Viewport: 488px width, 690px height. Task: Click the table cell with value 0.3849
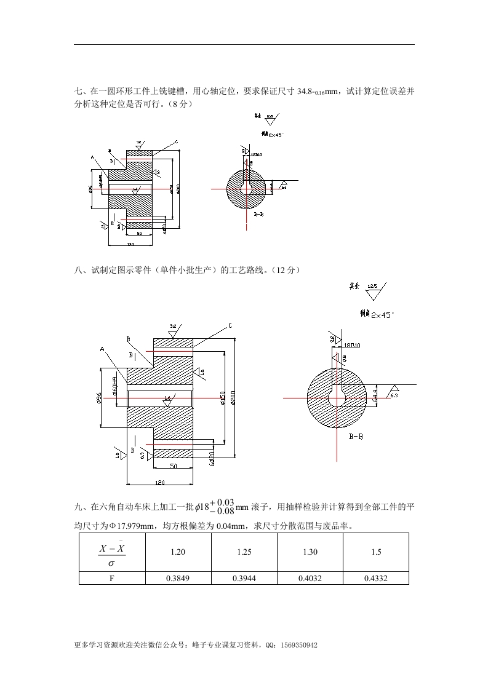(x=177, y=578)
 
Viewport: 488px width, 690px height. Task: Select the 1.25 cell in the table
(x=244, y=552)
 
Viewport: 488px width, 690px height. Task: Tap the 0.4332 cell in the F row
(x=376, y=578)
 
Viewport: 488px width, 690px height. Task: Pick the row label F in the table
(x=111, y=578)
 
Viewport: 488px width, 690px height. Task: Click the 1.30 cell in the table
(x=310, y=552)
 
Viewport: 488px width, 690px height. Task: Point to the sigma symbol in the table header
(x=111, y=563)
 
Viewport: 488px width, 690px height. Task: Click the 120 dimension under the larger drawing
(x=160, y=482)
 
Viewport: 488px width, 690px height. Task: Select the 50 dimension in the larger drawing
(x=173, y=467)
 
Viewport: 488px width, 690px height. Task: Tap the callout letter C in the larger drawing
(x=230, y=325)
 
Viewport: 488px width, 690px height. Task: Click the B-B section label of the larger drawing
(x=355, y=437)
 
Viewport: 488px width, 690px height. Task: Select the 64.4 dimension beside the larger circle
(x=375, y=395)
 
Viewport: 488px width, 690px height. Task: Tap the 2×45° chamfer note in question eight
(x=382, y=314)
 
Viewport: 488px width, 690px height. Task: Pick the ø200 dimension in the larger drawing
(x=232, y=398)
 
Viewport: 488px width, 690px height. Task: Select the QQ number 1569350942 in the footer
(x=298, y=646)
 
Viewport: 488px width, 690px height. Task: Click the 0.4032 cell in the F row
(x=310, y=578)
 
